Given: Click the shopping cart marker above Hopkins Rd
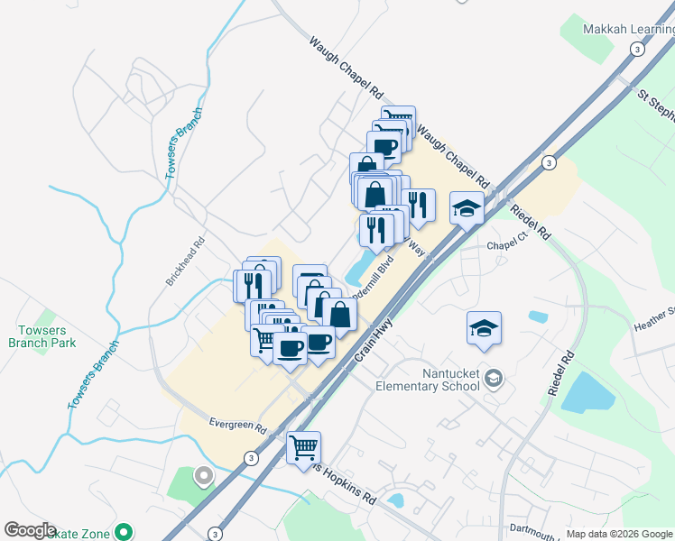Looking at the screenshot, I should click(x=304, y=446).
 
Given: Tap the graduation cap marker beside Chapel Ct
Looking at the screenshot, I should click(x=467, y=208).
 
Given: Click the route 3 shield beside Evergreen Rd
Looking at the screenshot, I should click(x=250, y=458).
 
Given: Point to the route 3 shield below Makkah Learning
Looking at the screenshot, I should click(x=638, y=50).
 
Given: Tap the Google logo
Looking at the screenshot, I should click(x=30, y=530).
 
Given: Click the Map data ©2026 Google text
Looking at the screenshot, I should click(x=618, y=534).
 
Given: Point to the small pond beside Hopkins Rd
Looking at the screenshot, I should click(x=395, y=499).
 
